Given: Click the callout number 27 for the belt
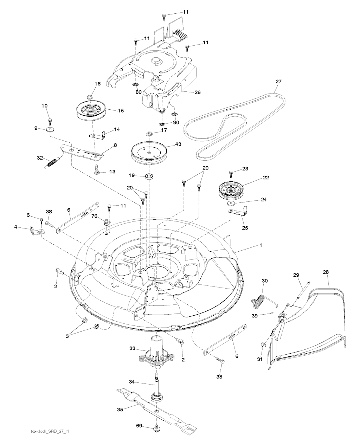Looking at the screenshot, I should click(278, 82).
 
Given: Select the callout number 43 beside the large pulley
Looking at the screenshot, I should click(169, 144).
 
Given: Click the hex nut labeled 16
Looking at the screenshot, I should click(89, 96).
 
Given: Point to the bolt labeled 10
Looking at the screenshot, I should click(50, 120).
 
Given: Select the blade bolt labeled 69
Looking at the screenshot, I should click(155, 428).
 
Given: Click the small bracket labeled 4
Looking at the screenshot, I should click(37, 230).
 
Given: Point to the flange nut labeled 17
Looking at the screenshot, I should click(150, 134).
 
